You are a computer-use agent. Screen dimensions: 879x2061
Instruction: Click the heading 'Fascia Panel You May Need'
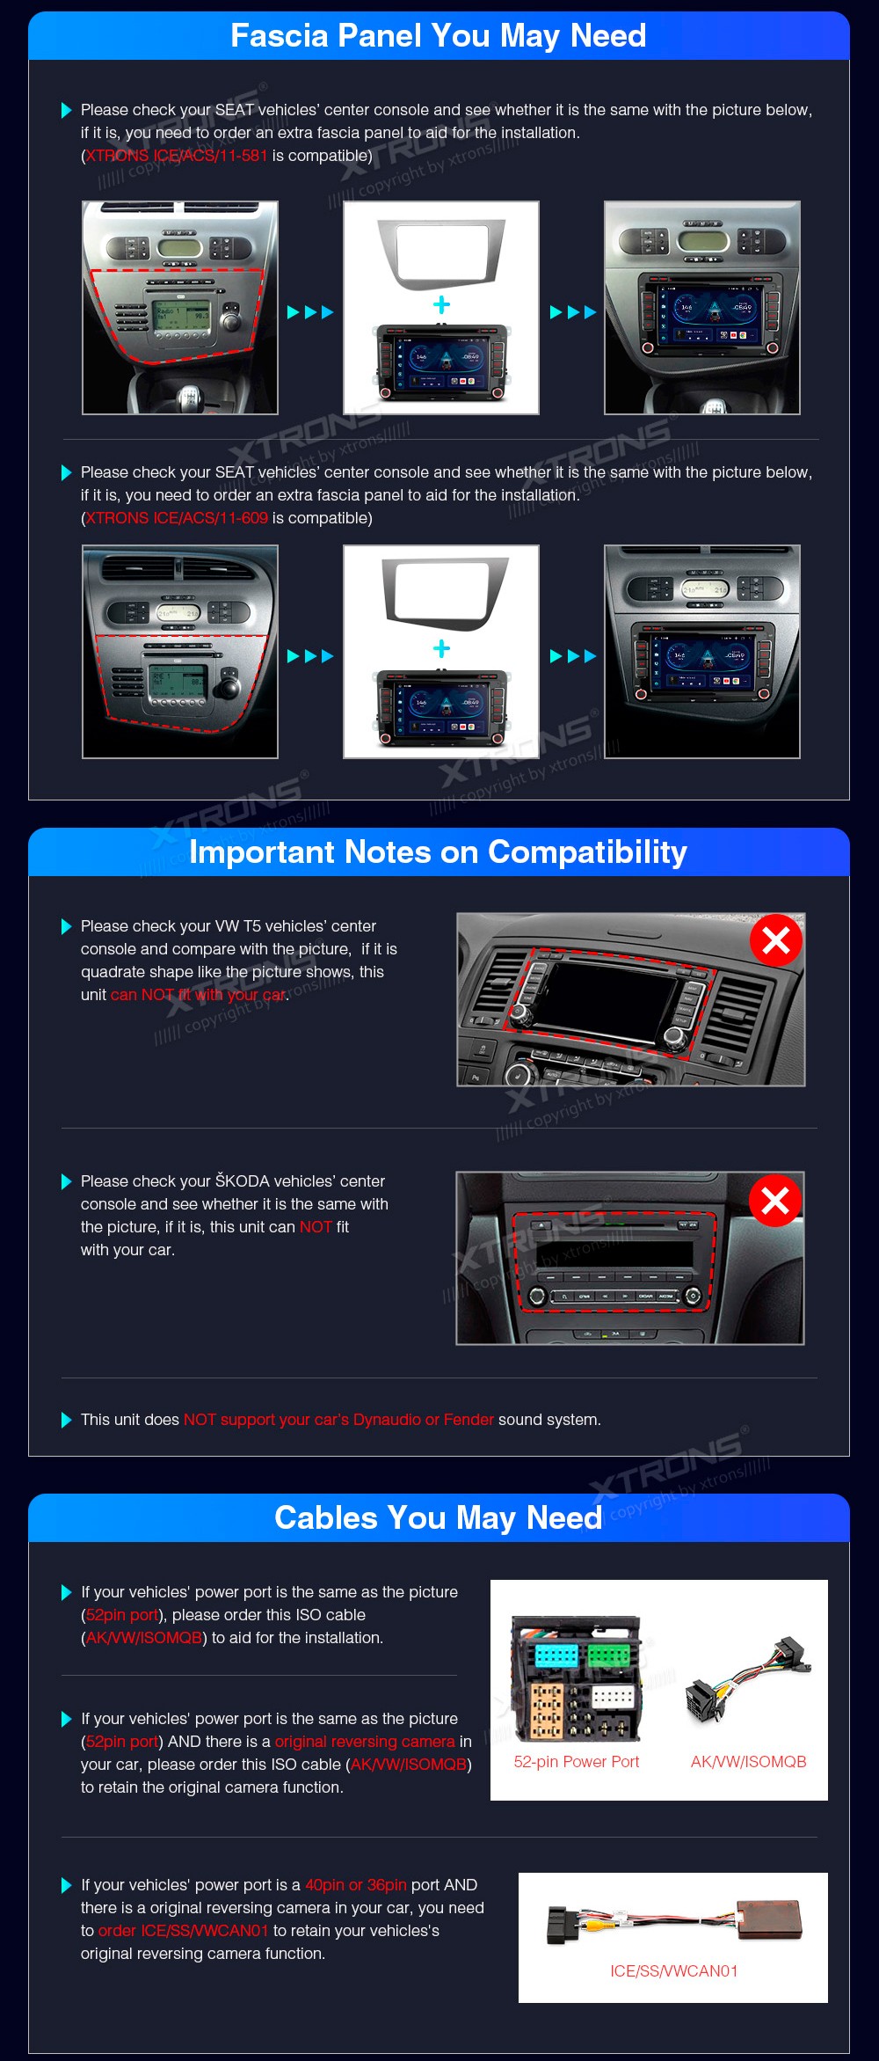pyautogui.click(x=439, y=36)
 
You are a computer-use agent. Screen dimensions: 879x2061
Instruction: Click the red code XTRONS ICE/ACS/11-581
pyautogui.click(x=177, y=156)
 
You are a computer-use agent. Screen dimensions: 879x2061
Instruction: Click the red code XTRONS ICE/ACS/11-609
pyautogui.click(x=177, y=518)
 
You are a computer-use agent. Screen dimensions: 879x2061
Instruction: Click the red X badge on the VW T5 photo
pyautogui.click(x=776, y=940)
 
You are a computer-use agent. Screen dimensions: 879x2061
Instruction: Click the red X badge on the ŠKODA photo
pyautogui.click(x=775, y=1200)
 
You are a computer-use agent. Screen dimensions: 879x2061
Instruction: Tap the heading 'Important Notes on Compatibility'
pyautogui.click(x=439, y=852)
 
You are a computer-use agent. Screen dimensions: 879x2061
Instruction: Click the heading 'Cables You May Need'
pyautogui.click(x=439, y=1518)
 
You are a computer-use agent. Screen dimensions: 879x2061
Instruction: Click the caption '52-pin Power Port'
pyautogui.click(x=577, y=1762)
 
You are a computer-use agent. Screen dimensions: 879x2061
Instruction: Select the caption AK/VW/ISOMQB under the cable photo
pyautogui.click(x=749, y=1762)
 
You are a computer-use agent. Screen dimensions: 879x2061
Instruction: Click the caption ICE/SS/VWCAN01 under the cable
pyautogui.click(x=674, y=1971)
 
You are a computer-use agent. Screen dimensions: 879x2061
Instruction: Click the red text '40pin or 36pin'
pyautogui.click(x=356, y=1885)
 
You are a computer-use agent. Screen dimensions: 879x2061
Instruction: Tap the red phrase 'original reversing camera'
pyautogui.click(x=365, y=1742)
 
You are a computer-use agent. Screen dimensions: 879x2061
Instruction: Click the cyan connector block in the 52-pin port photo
pyautogui.click(x=556, y=1655)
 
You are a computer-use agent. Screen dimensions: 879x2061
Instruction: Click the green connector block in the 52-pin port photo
pyautogui.click(x=610, y=1655)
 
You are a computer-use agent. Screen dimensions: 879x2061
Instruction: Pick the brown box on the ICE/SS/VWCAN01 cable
pyautogui.click(x=769, y=1918)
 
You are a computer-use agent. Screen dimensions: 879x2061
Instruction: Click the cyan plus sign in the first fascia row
pyautogui.click(x=441, y=305)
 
